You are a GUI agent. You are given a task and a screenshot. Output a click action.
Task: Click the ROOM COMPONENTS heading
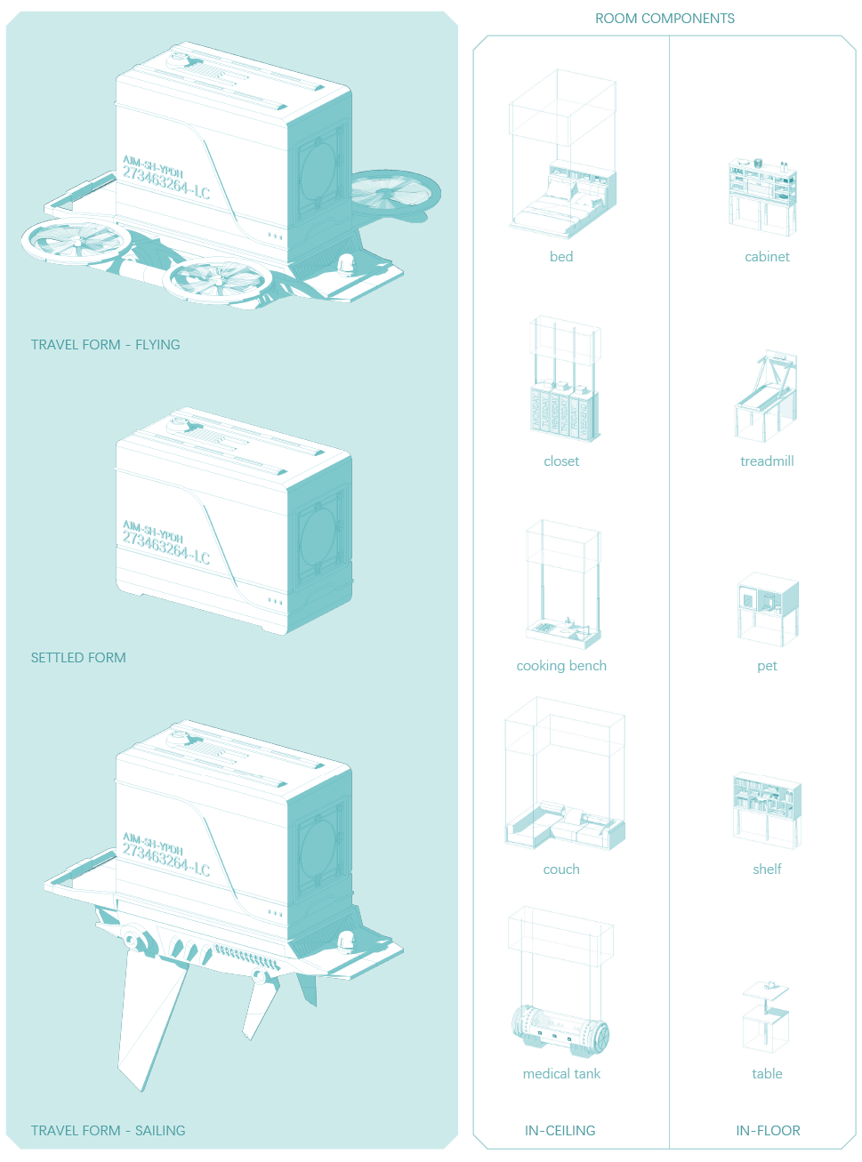click(665, 19)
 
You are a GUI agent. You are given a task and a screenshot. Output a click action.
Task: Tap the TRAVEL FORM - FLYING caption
click(105, 345)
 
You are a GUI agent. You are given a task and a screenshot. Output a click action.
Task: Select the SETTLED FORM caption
click(78, 658)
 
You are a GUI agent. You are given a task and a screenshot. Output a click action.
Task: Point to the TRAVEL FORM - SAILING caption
click(108, 1131)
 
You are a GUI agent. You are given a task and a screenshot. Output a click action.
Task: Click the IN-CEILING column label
click(560, 1131)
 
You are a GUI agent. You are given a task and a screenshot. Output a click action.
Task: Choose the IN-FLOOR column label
click(768, 1131)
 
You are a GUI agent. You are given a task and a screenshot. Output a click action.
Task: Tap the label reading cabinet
click(767, 257)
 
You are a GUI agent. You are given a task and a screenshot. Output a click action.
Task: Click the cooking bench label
click(561, 666)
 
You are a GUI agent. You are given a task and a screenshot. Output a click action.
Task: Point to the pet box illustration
click(767, 606)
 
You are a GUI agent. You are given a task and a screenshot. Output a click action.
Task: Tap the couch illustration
click(564, 822)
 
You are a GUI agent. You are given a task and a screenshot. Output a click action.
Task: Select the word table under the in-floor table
click(767, 1074)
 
